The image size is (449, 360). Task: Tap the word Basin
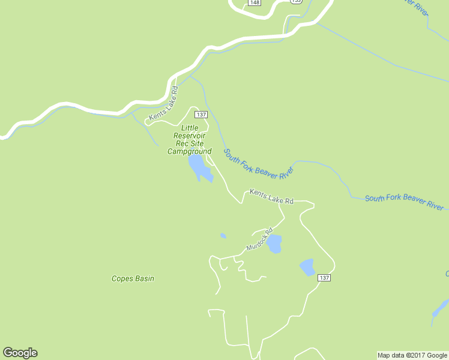(143, 278)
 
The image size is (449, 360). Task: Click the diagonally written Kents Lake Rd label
(164, 102)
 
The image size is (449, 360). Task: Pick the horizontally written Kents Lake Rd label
(271, 197)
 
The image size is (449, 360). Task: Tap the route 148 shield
(255, 2)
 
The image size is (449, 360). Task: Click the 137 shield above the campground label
(201, 115)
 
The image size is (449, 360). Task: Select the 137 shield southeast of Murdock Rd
(324, 278)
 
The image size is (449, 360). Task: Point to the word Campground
(189, 152)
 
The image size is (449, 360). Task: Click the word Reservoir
(190, 136)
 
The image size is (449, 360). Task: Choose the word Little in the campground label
(190, 128)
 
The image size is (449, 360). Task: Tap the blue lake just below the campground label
(199, 169)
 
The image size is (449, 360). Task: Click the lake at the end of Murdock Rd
(274, 244)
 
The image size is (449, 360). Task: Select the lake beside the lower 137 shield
(307, 267)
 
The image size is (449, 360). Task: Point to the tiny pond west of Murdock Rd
(223, 236)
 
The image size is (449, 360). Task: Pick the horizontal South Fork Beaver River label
(404, 202)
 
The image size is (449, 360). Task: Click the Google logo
(20, 353)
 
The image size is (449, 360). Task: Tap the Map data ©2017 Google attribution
(412, 355)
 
